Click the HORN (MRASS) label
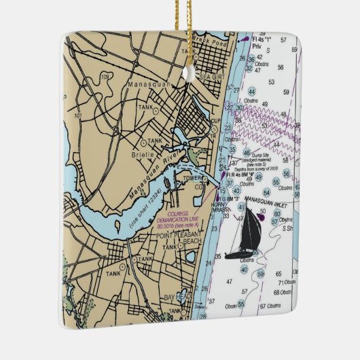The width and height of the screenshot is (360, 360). [221, 208]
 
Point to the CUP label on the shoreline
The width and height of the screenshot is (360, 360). [215, 122]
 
